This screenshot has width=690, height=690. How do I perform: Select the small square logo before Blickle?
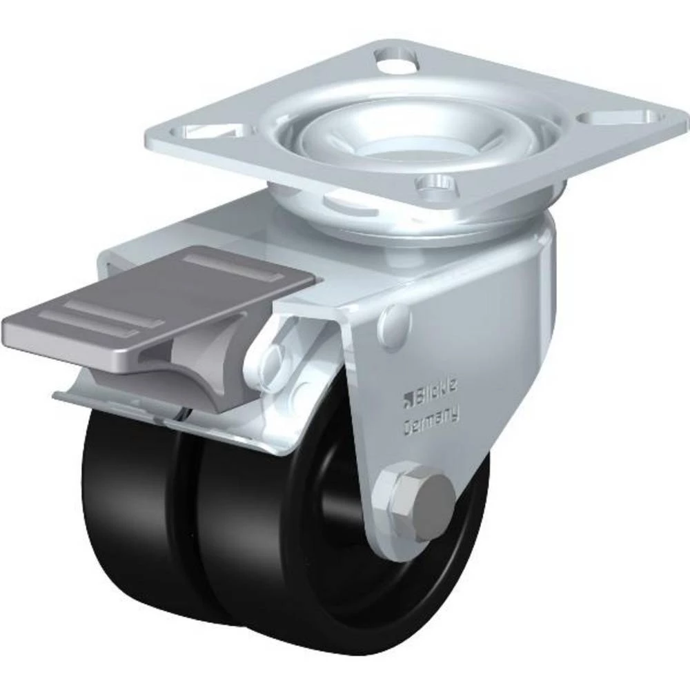408,396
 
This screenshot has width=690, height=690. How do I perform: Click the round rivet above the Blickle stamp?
395,321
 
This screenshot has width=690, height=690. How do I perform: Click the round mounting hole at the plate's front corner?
435,183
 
